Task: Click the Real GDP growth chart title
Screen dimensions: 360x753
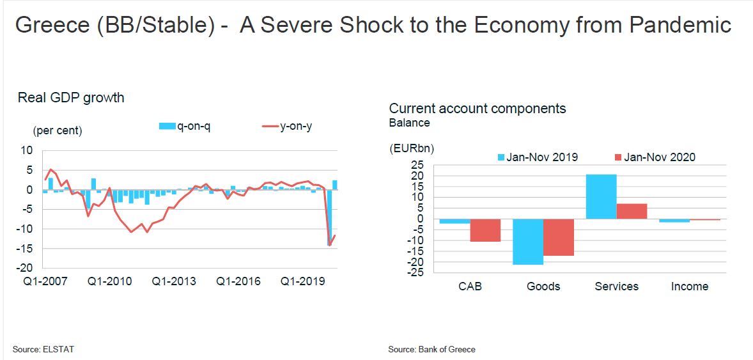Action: (71, 98)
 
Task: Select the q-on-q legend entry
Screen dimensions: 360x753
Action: (185, 126)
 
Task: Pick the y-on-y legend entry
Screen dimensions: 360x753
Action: (288, 126)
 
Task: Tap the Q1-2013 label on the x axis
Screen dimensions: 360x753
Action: (174, 281)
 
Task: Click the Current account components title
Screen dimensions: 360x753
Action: (477, 108)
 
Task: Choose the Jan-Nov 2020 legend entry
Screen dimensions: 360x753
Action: (655, 157)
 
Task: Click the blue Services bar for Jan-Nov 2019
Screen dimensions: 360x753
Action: (602, 196)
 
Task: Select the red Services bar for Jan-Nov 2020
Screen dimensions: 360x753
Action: (632, 211)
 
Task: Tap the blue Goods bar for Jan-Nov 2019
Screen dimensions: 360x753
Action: (528, 242)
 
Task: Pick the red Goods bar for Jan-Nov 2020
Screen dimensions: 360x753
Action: (558, 237)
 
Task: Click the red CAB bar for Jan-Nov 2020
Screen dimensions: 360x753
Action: (485, 230)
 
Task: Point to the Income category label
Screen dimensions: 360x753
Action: (690, 286)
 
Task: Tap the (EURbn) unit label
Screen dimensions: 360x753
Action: (411, 148)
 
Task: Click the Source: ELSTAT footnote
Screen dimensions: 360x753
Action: (39, 349)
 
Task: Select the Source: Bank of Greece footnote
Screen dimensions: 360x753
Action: (431, 349)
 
